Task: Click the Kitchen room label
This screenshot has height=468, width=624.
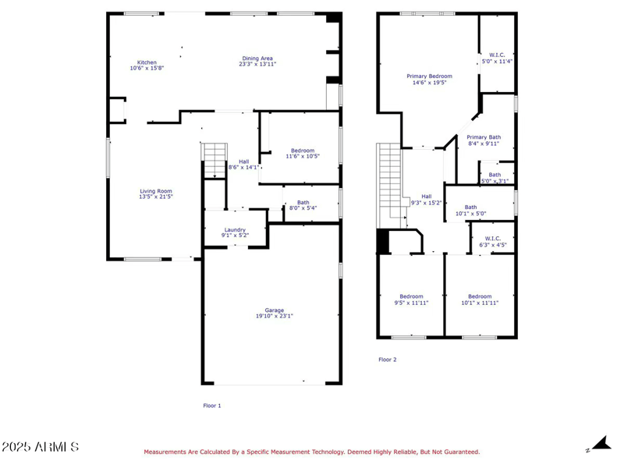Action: (147, 62)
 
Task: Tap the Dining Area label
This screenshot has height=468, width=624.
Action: (257, 58)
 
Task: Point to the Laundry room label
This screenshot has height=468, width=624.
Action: (235, 230)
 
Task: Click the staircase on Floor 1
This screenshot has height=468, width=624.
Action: (214, 161)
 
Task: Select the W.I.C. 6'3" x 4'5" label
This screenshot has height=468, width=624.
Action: (493, 242)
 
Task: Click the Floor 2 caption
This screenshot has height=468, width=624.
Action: (388, 360)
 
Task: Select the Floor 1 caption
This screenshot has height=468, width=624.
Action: (212, 406)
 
